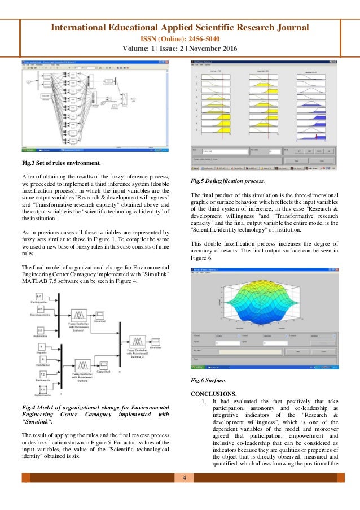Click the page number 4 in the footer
(x=184, y=478)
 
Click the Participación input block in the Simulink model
(x=39, y=297)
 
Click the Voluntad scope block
(x=100, y=314)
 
